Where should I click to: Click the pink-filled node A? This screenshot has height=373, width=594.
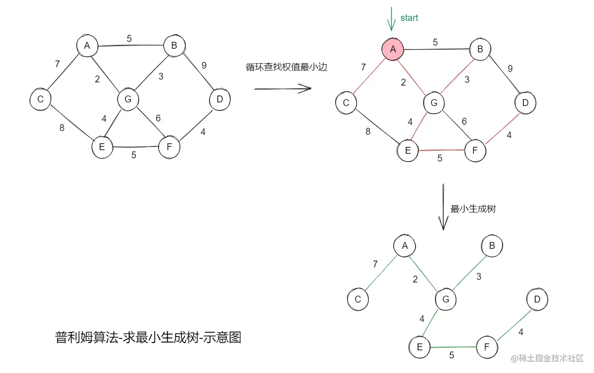point(393,49)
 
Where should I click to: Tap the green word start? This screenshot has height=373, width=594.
point(409,18)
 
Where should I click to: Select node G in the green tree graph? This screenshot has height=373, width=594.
point(445,299)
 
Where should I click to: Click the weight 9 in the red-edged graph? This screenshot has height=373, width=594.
point(510,69)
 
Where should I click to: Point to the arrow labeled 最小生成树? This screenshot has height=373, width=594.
point(443,207)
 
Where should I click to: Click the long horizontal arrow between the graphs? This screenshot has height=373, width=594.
point(282,89)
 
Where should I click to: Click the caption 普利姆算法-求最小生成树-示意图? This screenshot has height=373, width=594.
point(148,338)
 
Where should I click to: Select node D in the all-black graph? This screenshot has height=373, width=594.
point(220,100)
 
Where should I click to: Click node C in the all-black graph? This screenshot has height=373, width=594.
point(40,99)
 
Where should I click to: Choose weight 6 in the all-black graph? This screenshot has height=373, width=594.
point(158,118)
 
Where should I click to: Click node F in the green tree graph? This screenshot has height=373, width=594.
point(487,347)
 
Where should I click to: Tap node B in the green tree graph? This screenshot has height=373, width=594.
point(492,246)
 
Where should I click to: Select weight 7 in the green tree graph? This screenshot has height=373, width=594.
point(375,264)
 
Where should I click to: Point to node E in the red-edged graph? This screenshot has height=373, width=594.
point(407,150)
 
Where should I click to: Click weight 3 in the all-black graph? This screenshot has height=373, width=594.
point(161,76)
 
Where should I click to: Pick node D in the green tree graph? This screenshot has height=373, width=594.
point(537,299)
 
